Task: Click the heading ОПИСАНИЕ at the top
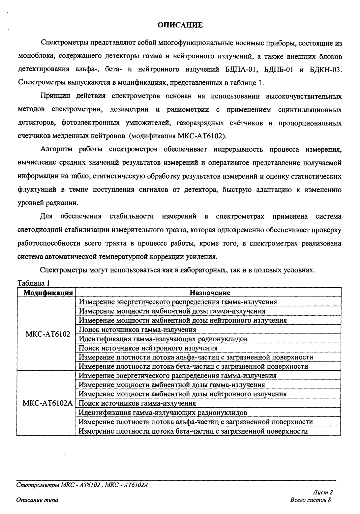click(180, 25)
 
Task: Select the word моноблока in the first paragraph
click(36, 56)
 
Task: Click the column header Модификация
click(46, 293)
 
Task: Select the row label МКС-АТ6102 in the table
click(47, 334)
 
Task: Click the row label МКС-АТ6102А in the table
click(47, 403)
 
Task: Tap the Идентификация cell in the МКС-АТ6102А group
click(163, 413)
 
